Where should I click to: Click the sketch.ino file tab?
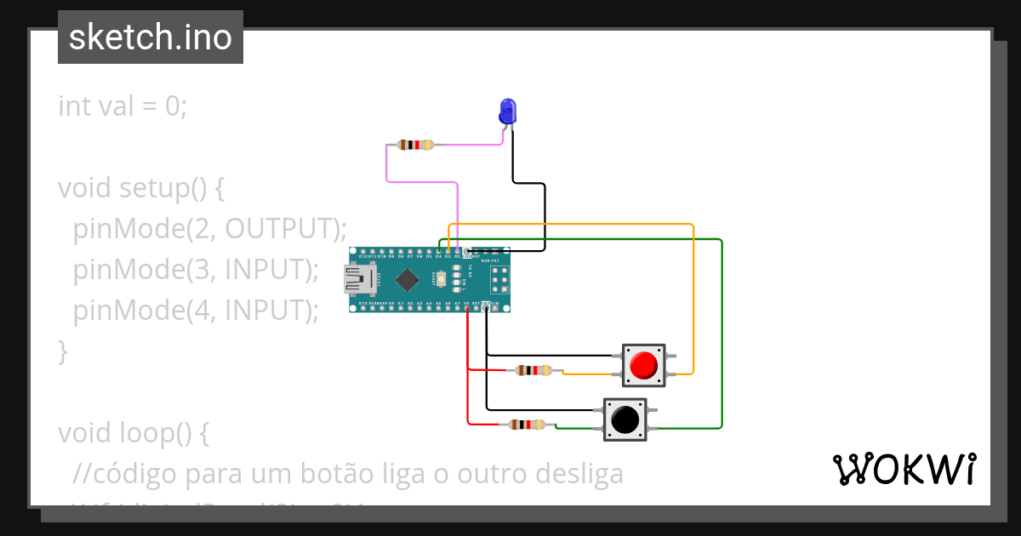(x=151, y=37)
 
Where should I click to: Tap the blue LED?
(x=507, y=111)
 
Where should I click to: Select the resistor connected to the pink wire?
(x=415, y=145)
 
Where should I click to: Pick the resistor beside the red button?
(x=534, y=370)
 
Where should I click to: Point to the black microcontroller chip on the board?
(x=409, y=279)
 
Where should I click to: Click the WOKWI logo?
(x=904, y=469)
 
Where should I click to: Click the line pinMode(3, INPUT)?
(x=196, y=270)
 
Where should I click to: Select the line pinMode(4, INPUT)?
(x=196, y=311)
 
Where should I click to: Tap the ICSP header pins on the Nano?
(x=499, y=279)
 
